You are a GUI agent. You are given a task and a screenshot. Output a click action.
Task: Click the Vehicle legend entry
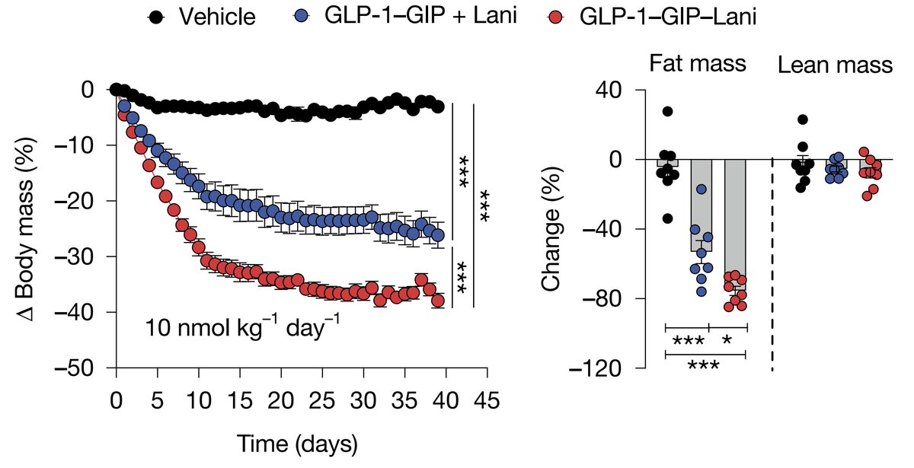pyautogui.click(x=201, y=17)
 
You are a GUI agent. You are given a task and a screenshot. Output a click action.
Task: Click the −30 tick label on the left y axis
pyautogui.click(x=80, y=256)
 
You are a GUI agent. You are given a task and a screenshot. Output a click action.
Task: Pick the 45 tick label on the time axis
pyautogui.click(x=487, y=400)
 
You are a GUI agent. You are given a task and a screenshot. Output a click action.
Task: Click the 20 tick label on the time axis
pyautogui.click(x=281, y=400)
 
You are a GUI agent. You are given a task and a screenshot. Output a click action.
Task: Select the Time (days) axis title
pyautogui.click(x=297, y=444)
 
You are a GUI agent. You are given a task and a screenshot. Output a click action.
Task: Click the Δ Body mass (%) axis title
pyautogui.click(x=27, y=229)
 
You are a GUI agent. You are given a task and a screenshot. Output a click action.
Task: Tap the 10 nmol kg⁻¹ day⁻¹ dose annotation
pyautogui.click(x=242, y=326)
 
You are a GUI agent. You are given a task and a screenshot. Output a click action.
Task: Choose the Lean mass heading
pyautogui.click(x=835, y=65)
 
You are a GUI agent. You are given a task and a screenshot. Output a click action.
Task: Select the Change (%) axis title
pyautogui.click(x=551, y=229)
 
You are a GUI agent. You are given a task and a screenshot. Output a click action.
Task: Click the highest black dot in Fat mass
pyautogui.click(x=667, y=111)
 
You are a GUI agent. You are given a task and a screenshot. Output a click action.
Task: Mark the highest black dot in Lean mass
pyautogui.click(x=803, y=119)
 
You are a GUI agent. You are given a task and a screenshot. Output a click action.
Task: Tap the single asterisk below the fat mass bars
pyautogui.click(x=727, y=339)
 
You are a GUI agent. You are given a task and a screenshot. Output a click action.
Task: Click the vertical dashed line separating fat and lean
pyautogui.click(x=772, y=264)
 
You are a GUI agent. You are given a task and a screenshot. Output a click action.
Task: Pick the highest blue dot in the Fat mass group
pyautogui.click(x=701, y=189)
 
